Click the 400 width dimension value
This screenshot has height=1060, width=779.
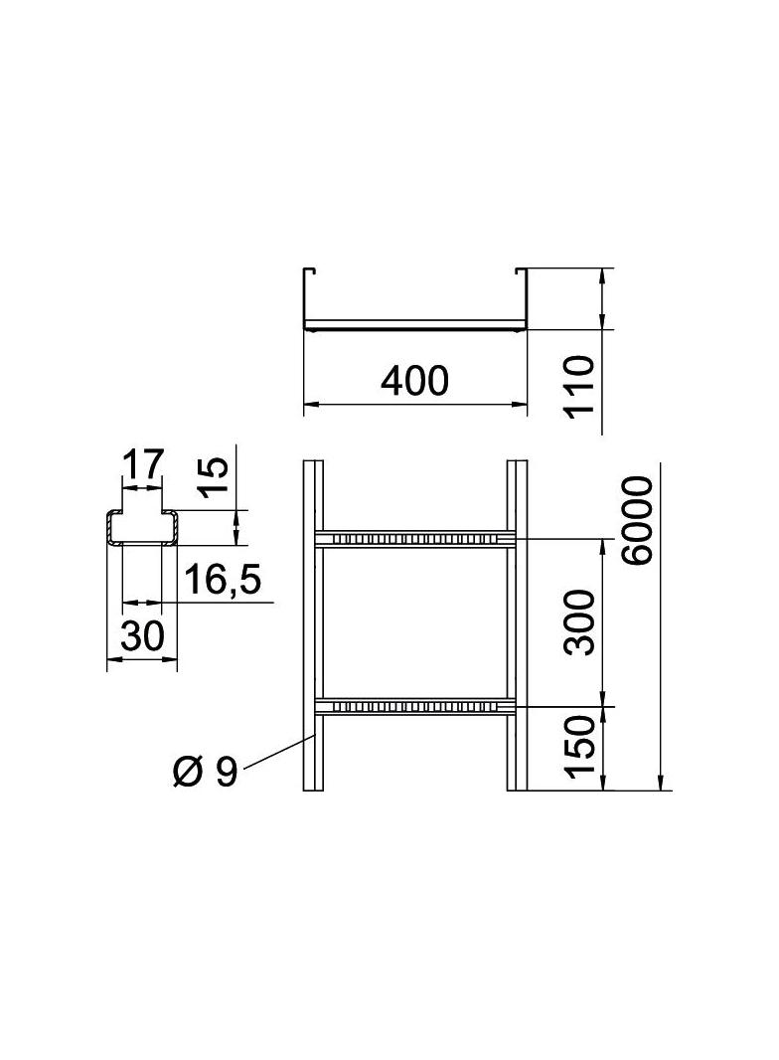(x=414, y=381)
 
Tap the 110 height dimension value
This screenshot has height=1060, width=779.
(x=580, y=388)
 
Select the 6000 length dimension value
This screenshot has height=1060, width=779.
(x=639, y=520)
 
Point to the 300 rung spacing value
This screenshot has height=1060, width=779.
(x=580, y=621)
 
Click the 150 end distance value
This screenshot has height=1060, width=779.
(x=580, y=747)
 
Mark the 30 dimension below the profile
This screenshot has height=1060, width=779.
(x=142, y=635)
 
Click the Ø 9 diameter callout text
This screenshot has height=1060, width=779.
(x=206, y=772)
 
